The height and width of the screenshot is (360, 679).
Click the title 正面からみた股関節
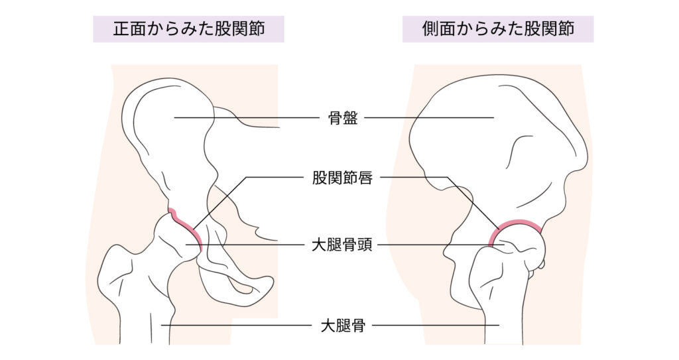click(188, 29)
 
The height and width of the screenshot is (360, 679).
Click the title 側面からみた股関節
click(498, 29)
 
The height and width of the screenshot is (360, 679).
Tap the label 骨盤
click(343, 117)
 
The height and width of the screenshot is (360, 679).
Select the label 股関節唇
click(342, 178)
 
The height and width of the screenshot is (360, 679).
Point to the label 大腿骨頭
click(342, 245)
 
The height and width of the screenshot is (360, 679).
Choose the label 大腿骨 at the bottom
click(343, 326)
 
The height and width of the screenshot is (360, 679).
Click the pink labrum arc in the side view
click(515, 224)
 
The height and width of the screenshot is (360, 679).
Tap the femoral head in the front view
click(178, 238)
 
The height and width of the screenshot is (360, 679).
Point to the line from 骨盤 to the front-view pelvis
click(247, 117)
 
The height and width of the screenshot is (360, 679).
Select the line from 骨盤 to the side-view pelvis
click(429, 117)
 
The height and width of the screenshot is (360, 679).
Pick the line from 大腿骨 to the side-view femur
click(436, 326)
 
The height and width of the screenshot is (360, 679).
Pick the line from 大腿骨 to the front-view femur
click(237, 326)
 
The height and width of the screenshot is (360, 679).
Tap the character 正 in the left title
click(121, 29)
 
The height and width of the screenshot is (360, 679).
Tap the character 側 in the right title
click(430, 29)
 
